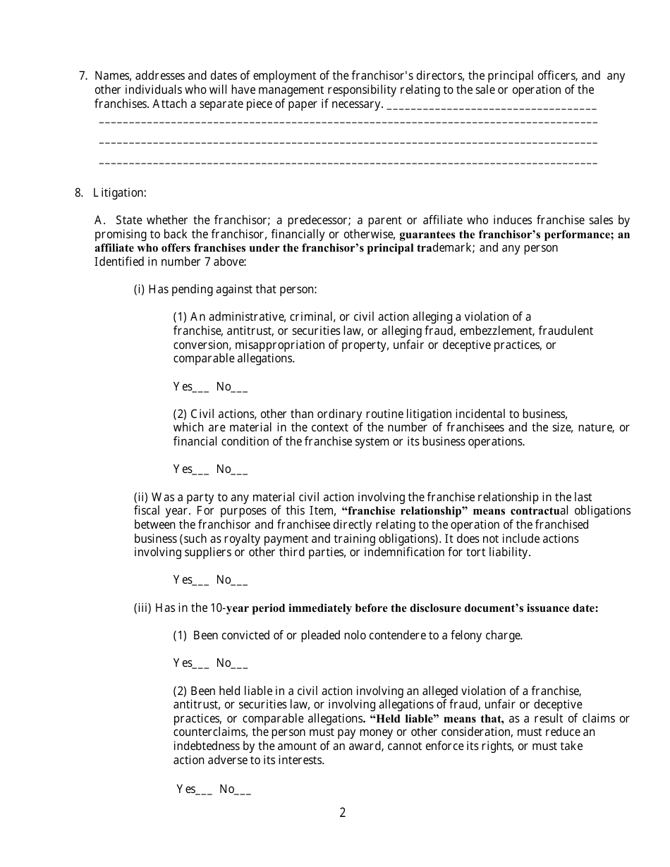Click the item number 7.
click(x=83, y=76)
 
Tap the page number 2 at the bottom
click(x=343, y=813)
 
